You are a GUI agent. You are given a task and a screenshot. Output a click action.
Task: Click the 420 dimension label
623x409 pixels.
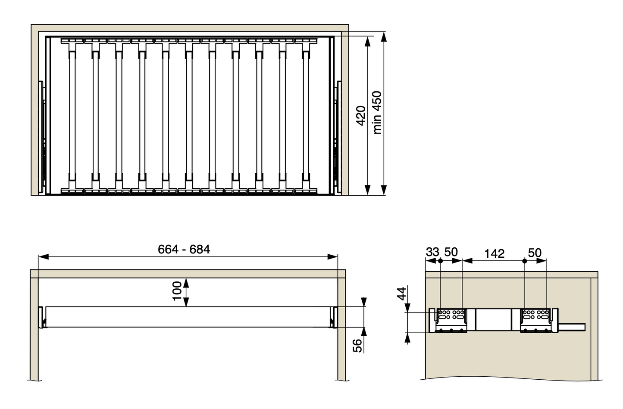(361, 116)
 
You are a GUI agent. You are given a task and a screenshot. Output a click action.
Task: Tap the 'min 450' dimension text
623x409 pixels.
(377, 112)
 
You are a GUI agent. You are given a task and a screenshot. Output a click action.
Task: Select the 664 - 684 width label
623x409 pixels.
(184, 250)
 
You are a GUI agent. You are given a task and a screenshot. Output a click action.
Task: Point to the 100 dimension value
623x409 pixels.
(177, 291)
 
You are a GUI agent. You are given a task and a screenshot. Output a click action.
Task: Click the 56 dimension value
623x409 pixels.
(358, 346)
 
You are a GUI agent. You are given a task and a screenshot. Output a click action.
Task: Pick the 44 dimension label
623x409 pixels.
(402, 293)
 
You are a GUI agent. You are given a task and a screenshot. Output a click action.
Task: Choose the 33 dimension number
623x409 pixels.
(432, 252)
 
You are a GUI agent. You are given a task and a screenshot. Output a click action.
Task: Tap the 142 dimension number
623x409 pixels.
(494, 253)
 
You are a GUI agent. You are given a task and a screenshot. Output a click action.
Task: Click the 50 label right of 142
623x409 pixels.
(535, 253)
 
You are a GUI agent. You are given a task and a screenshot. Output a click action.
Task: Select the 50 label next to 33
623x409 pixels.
(451, 252)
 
